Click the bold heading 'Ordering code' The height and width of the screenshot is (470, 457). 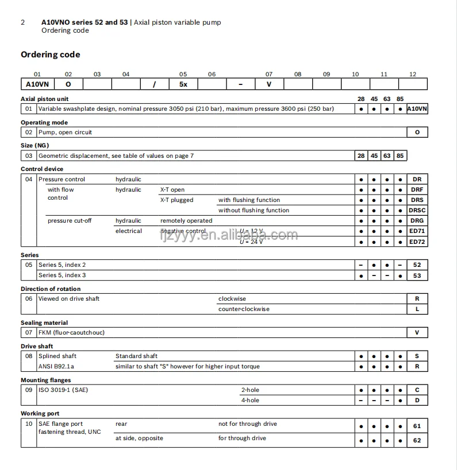point(51,55)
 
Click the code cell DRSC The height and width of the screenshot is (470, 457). point(417,211)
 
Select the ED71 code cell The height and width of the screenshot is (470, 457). point(417,231)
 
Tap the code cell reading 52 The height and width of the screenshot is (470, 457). point(417,265)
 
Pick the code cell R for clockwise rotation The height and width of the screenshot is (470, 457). point(417,299)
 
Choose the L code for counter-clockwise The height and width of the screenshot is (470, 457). point(417,309)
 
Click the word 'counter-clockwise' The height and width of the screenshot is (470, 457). point(244,309)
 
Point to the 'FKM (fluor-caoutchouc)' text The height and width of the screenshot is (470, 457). point(71,333)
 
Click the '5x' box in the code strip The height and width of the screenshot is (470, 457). point(183,84)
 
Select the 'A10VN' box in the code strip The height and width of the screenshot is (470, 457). point(37,84)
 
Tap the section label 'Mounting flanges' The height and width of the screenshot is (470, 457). point(46,380)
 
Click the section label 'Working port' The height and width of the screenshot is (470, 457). point(40,414)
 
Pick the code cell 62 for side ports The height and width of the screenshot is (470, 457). point(417,441)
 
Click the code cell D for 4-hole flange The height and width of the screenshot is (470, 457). point(417,401)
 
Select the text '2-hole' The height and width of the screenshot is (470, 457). point(250,390)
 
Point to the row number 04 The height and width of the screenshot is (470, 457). point(29,180)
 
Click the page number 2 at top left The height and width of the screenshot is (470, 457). point(23,22)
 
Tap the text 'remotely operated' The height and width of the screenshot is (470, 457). point(186,221)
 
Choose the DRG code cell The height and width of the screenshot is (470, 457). point(417,221)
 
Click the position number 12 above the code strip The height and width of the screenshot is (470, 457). point(413,74)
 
